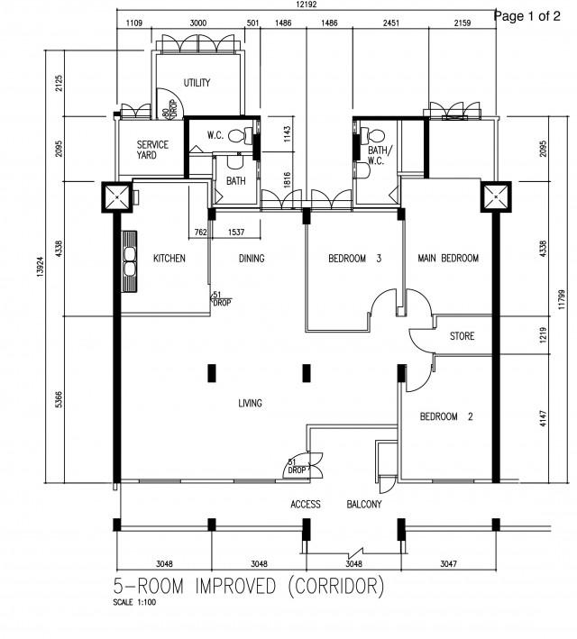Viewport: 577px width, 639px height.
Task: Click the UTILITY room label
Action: tap(197, 83)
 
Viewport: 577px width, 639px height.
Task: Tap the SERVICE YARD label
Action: tap(152, 150)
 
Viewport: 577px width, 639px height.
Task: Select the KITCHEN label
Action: tap(169, 258)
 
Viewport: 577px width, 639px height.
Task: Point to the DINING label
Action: tap(252, 258)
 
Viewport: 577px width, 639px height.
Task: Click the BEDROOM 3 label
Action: tap(354, 258)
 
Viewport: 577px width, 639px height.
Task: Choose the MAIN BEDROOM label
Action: tap(448, 258)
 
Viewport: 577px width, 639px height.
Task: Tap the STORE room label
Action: tap(462, 336)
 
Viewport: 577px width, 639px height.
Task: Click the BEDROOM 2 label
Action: tap(446, 416)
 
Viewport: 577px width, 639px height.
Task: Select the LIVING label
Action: tap(250, 403)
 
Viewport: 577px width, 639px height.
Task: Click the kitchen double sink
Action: tap(130, 261)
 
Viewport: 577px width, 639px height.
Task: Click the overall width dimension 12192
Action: tap(306, 5)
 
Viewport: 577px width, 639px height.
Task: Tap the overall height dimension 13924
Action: tap(40, 267)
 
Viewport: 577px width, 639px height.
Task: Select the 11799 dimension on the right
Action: tap(562, 299)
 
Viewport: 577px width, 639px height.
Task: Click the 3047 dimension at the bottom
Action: tap(449, 563)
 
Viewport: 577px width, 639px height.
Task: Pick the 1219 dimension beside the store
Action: tap(543, 335)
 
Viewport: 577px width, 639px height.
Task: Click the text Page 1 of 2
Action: tap(527, 16)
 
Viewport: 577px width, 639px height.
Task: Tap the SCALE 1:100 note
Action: tap(134, 602)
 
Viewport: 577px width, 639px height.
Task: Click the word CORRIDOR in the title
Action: tap(336, 586)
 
